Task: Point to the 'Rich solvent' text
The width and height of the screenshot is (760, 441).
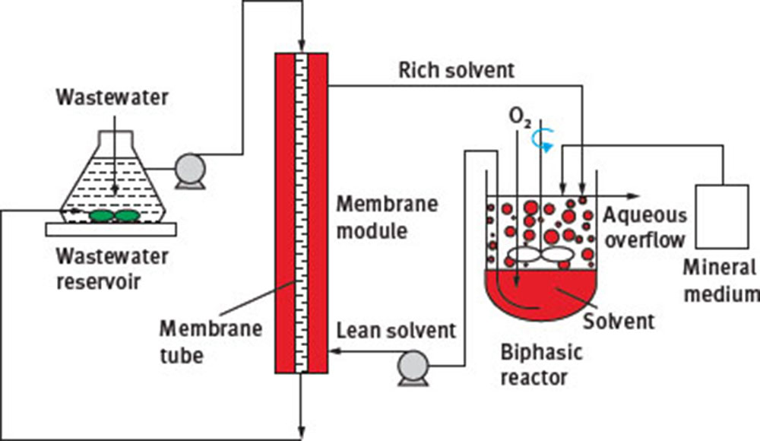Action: click(x=457, y=70)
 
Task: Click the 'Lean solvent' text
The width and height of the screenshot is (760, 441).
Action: click(x=396, y=330)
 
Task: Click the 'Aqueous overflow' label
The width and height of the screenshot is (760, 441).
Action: click(x=645, y=227)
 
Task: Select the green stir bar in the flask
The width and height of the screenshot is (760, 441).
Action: click(x=115, y=216)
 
